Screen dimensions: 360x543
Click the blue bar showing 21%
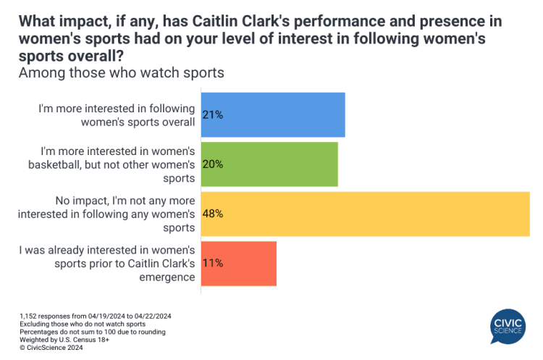[x=272, y=114]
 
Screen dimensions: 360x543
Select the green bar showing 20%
[x=269, y=164]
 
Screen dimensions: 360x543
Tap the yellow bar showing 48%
[x=364, y=214]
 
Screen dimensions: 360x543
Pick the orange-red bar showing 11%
[x=238, y=264]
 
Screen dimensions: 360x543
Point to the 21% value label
[x=213, y=114]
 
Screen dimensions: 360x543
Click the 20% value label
[x=213, y=164]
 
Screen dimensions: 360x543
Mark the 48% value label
[x=213, y=214]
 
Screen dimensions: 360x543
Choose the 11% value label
[x=213, y=264]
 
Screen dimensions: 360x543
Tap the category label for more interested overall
[x=117, y=114]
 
